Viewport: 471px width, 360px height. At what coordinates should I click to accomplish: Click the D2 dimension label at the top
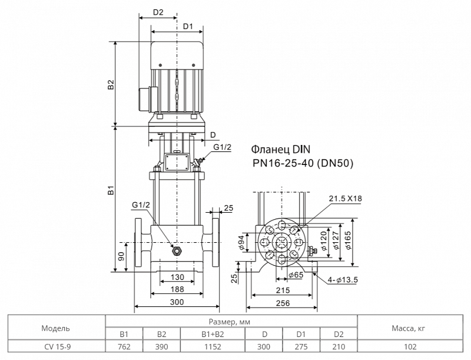[x=158, y=12]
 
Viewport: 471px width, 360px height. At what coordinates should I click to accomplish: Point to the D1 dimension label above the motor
[x=188, y=27]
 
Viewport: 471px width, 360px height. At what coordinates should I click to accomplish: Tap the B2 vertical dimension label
[x=111, y=84]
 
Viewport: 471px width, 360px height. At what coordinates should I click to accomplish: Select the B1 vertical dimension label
[x=111, y=190]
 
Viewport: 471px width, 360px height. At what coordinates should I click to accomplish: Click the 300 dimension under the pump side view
[x=177, y=302]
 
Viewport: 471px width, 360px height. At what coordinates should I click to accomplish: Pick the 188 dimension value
[x=177, y=289]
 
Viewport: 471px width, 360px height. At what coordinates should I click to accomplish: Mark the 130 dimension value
[x=177, y=277]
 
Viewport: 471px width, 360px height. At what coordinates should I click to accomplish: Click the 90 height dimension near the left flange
[x=121, y=256]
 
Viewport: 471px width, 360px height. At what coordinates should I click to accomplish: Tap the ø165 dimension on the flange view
[x=349, y=240]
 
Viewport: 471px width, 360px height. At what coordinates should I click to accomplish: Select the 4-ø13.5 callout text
[x=343, y=280]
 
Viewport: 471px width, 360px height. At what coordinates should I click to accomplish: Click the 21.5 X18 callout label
[x=346, y=199]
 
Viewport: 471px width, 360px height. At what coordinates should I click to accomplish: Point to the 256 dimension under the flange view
[x=283, y=303]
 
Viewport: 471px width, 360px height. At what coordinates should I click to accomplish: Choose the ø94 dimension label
[x=241, y=243]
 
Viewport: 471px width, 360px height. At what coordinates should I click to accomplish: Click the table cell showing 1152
[x=213, y=347]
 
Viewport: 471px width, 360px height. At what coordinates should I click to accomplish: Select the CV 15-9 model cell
[x=58, y=347]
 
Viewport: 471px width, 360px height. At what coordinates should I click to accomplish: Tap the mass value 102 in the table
[x=410, y=347]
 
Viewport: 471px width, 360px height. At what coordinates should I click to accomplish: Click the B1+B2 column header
[x=213, y=334]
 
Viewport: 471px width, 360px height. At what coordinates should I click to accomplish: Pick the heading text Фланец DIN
[x=280, y=149]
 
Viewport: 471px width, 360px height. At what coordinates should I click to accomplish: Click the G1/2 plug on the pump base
[x=177, y=250]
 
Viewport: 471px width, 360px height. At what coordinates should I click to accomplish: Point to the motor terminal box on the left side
[x=148, y=100]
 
